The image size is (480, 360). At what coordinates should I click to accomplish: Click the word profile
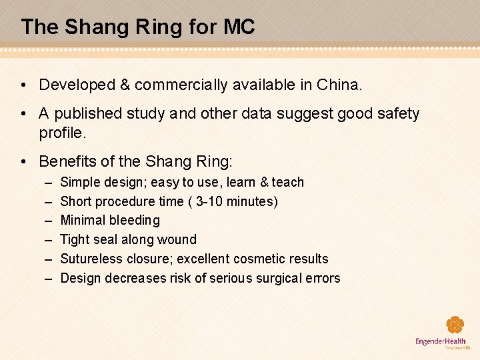pos(63,133)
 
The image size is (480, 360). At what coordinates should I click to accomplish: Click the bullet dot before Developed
pos(23,85)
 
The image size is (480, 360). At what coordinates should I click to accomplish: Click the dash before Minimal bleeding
pos(49,221)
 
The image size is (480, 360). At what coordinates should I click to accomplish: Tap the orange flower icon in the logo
pos(455,325)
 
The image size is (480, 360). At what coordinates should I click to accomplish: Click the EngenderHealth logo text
pos(441,342)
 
